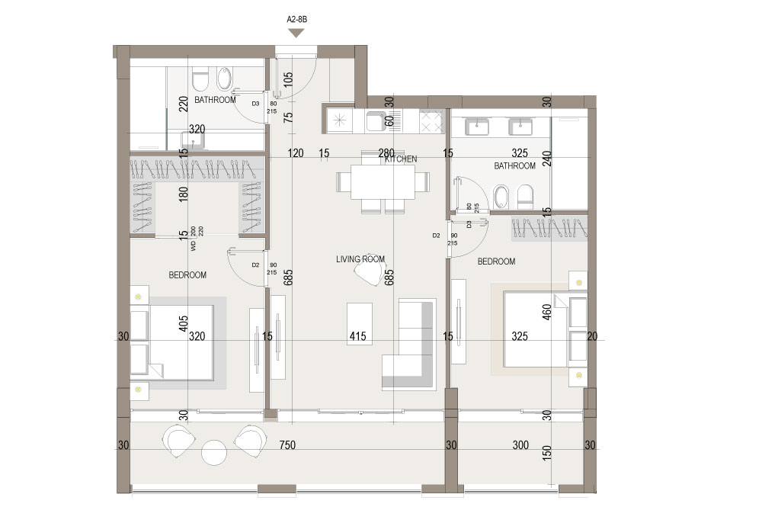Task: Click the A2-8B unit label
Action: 297,20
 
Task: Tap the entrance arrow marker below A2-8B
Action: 296,33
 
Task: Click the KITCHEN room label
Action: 401,159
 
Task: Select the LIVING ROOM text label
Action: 360,259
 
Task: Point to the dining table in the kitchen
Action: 383,181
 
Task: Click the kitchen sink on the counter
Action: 376,121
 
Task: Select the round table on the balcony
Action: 214,453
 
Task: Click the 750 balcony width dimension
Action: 287,445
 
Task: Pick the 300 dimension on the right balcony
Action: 520,445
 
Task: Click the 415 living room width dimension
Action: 357,336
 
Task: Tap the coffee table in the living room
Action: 360,324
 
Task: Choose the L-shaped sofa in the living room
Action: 408,344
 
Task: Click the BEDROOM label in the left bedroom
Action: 187,275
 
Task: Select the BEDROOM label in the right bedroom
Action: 496,261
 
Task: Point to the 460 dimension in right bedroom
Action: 546,312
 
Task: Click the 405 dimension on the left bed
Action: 183,324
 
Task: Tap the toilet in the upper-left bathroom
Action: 200,80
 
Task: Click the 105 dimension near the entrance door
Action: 288,80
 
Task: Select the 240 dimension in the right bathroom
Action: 546,159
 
